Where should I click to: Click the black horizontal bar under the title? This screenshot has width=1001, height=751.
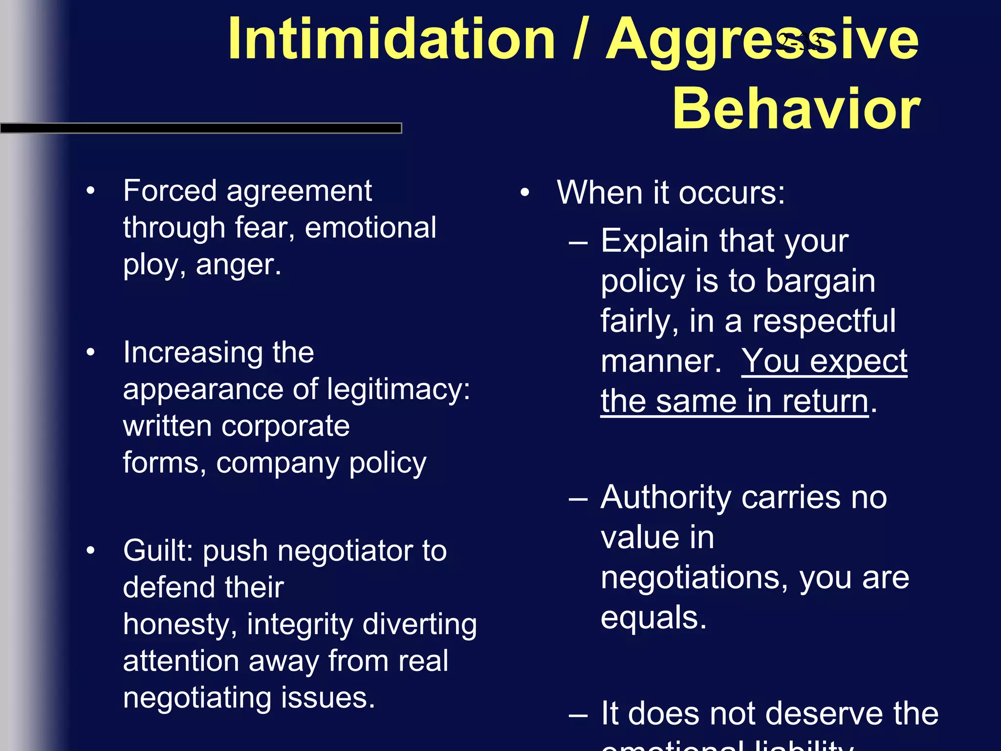[x=200, y=128]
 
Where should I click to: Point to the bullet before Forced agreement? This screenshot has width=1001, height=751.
[x=90, y=191]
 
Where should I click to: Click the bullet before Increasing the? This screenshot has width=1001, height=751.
[x=90, y=353]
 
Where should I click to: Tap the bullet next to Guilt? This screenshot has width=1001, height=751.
[x=90, y=551]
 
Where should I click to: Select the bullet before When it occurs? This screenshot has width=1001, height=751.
[x=524, y=193]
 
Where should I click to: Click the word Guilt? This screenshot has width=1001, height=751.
[x=159, y=551]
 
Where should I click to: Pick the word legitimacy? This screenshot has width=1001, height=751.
[x=398, y=390]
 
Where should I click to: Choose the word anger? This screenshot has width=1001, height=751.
[x=238, y=265]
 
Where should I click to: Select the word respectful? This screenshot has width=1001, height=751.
[x=824, y=321]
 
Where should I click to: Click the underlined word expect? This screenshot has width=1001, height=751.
[x=858, y=362]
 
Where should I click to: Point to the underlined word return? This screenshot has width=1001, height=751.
[x=825, y=401]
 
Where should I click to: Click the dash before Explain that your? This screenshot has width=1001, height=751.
[x=578, y=242]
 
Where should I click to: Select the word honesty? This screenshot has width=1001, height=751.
[x=176, y=625]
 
